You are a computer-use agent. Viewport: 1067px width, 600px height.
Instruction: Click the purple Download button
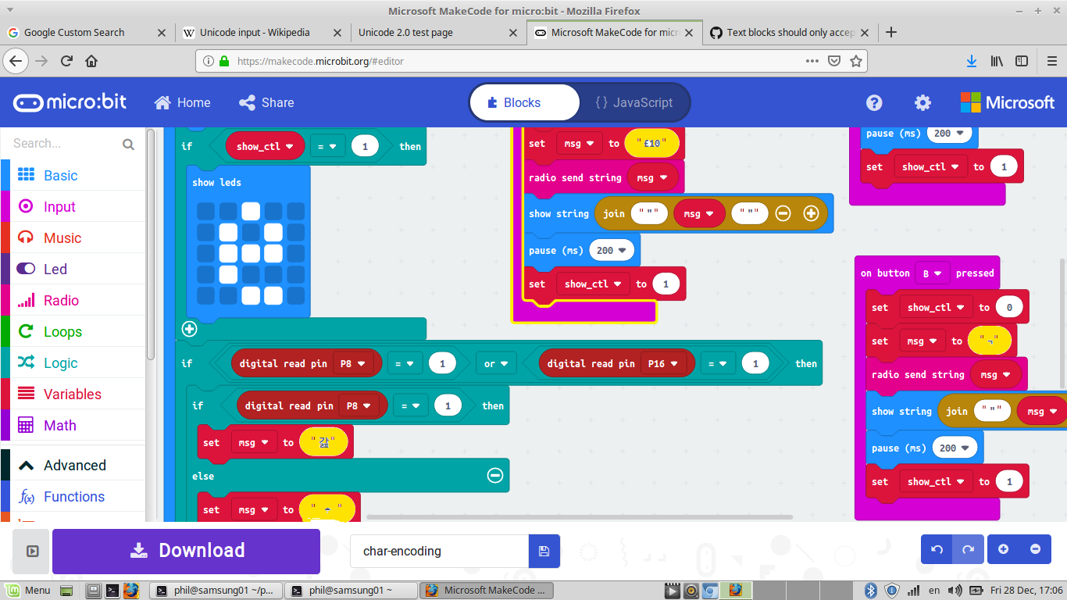186,551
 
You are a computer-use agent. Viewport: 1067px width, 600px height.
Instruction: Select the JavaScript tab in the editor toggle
633,102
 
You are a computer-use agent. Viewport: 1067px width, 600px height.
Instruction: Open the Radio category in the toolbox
61,301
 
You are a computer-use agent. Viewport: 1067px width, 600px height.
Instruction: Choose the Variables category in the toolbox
72,395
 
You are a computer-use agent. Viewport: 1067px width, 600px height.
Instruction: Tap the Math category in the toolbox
59,426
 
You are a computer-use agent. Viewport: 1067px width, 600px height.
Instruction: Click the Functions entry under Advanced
73,497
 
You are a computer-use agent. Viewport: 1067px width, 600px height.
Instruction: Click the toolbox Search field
66,144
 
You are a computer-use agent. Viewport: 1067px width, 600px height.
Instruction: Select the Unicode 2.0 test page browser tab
405,33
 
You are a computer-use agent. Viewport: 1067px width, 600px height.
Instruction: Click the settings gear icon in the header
922,102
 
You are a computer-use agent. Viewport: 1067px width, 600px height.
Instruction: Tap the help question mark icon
874,102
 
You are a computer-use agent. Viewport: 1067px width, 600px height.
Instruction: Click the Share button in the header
266,102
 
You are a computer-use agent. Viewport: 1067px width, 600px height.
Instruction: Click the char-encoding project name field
439,551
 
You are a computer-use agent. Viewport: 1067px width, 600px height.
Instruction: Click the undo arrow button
937,549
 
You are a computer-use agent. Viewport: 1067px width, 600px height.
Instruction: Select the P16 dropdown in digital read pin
662,363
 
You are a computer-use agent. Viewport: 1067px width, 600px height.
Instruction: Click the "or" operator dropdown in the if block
496,363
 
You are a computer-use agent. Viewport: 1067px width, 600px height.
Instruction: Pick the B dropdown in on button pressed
932,273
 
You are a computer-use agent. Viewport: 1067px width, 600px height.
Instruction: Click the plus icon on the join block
811,213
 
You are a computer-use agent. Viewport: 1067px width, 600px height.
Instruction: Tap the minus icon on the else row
494,475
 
